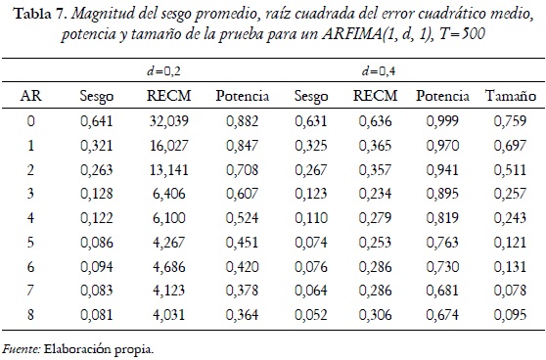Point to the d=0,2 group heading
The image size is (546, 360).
pyautogui.click(x=161, y=71)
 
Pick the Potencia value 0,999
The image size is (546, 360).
pyautogui.click(x=440, y=122)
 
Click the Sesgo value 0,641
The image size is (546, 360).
pyautogui.click(x=97, y=122)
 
